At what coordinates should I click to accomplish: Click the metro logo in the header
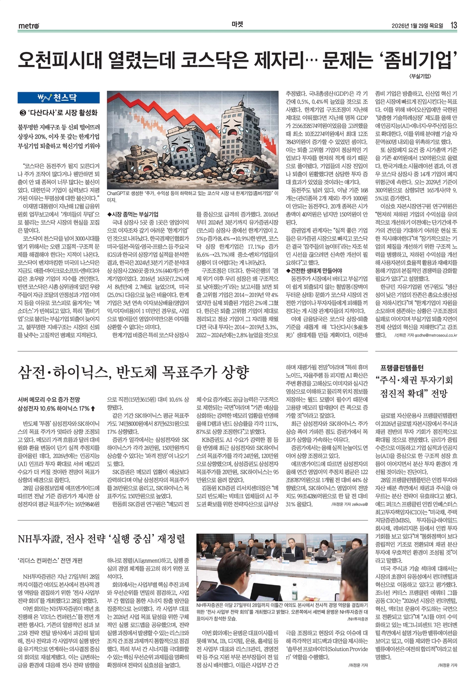click(x=29, y=26)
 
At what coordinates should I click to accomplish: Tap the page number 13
click(x=454, y=26)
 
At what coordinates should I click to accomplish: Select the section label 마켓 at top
click(x=237, y=26)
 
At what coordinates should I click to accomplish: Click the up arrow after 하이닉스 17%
click(x=94, y=409)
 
